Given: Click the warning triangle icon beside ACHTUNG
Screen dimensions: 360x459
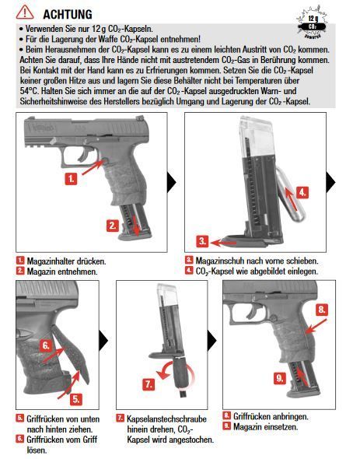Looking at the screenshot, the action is coord(25,12).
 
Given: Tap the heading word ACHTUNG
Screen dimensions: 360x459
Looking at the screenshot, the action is coord(68,14).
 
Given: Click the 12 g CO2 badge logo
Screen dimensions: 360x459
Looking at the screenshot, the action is coord(312,23).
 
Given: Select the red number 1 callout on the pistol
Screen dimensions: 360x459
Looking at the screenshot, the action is coord(71,179).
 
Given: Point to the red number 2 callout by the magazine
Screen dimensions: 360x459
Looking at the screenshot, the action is coord(113,226).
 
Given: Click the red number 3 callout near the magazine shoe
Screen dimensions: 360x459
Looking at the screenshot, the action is coord(203,241).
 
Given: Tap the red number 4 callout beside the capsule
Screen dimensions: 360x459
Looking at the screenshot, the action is coord(302,193).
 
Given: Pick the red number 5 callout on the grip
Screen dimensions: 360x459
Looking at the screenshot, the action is coord(75,399).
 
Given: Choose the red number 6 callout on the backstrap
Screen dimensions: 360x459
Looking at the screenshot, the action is coord(46,345).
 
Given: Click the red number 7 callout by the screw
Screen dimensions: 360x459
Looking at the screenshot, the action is coord(149,384).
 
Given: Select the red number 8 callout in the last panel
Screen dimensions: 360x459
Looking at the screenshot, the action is coord(322,310).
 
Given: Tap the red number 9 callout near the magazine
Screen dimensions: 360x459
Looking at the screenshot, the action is coord(280,379).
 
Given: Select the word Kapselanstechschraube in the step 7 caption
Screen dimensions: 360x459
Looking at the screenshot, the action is coord(167,419).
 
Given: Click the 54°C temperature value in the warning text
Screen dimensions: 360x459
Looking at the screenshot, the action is coord(29,91).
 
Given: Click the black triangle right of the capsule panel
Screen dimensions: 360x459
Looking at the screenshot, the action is coord(330,182).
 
